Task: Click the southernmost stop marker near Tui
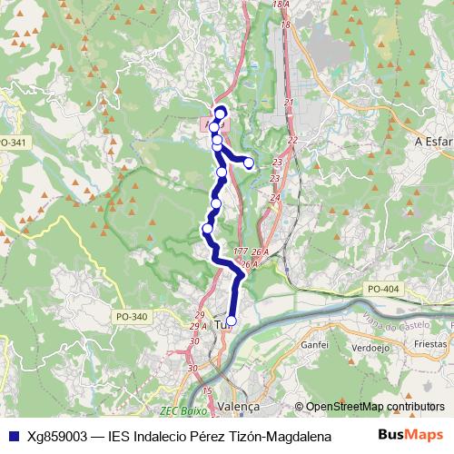231,321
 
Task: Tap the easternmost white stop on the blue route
249,163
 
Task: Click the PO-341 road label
14,143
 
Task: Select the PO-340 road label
132,316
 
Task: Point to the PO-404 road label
384,289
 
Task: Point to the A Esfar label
432,143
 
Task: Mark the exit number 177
240,251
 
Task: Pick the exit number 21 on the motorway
290,103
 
